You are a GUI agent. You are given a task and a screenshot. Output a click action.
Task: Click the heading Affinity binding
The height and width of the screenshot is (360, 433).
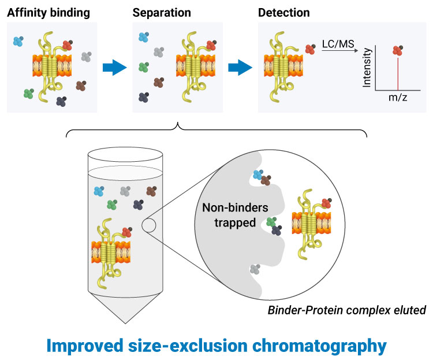(x=48, y=12)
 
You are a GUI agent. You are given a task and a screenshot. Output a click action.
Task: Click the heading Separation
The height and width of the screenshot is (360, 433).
(x=159, y=12)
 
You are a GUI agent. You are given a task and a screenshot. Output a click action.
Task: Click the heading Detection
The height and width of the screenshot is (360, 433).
(x=284, y=12)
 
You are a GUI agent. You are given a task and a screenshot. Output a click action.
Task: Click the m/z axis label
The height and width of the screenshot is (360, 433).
(x=398, y=98)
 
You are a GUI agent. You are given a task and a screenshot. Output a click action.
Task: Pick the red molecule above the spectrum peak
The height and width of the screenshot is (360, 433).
(x=397, y=50)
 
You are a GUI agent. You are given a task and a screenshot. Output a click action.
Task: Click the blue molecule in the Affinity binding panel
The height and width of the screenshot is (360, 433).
(x=18, y=40)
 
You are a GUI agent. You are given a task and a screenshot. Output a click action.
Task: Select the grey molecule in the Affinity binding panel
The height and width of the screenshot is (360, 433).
(x=86, y=57)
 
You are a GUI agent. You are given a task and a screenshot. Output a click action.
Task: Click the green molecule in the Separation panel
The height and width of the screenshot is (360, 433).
(x=143, y=67)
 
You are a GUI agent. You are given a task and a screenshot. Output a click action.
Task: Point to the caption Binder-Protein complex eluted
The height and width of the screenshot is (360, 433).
(x=346, y=310)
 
